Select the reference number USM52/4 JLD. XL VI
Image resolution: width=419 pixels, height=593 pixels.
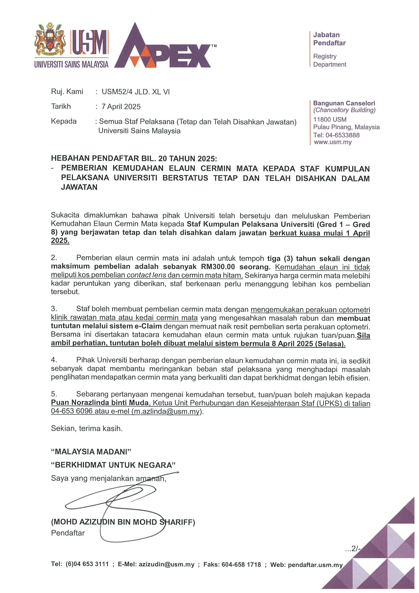tap(136, 92)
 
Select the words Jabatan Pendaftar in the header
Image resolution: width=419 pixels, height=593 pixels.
tap(329, 39)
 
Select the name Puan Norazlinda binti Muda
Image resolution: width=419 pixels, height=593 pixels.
tap(100, 402)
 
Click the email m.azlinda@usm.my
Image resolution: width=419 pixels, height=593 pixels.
tap(166, 411)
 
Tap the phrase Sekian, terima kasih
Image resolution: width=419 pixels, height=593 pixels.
tap(87, 428)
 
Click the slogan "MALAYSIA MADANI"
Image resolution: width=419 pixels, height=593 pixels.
tap(91, 452)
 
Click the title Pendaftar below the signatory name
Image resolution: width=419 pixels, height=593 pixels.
tap(68, 533)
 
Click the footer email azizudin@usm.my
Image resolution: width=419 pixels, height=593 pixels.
tap(166, 564)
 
